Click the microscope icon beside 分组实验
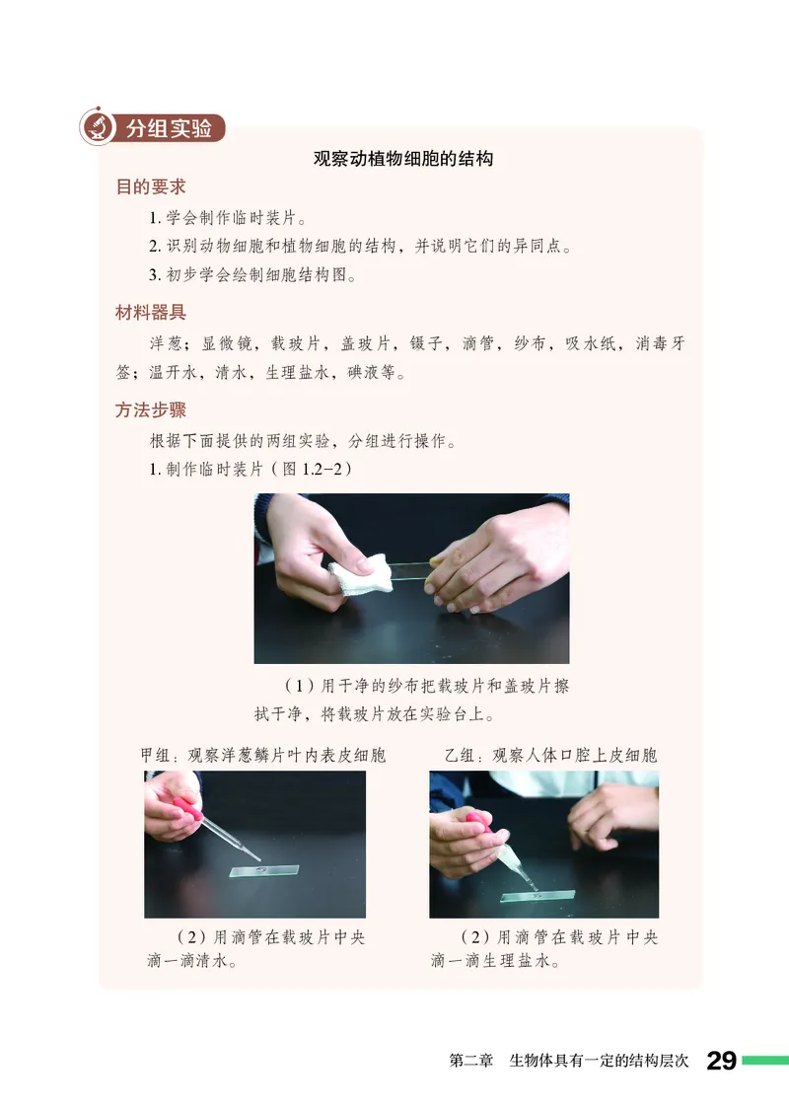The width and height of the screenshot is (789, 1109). click(x=97, y=126)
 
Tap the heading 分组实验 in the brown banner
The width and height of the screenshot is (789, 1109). click(x=169, y=128)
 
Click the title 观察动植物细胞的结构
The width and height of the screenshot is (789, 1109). click(x=402, y=158)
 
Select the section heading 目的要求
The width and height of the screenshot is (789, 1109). click(x=151, y=186)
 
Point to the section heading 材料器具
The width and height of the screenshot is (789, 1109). click(x=151, y=313)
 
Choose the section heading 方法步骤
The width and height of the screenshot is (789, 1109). click(x=151, y=410)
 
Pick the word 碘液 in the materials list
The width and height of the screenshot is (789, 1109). click(x=363, y=374)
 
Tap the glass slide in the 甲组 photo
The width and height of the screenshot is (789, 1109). click(x=263, y=871)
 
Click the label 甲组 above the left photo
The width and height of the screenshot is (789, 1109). click(x=157, y=756)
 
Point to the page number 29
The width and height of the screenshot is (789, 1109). click(x=721, y=1062)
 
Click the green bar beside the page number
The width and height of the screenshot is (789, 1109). click(x=765, y=1061)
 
